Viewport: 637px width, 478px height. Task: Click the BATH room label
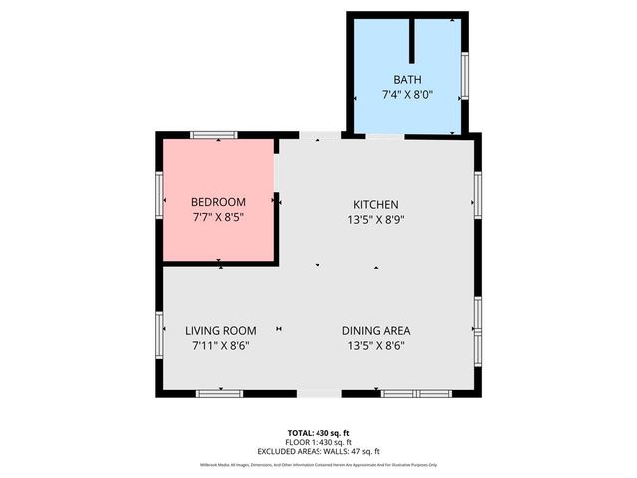407,79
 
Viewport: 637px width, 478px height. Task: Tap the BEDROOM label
217,202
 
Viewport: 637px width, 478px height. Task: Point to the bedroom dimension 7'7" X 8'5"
217,216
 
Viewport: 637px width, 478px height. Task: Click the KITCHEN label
375,204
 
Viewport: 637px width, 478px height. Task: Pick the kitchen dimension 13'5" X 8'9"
375,220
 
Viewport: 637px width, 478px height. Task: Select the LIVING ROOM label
221,331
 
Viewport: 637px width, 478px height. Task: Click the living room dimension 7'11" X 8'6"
221,346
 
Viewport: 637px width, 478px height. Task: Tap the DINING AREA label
376,331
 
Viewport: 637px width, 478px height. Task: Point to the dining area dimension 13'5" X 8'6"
376,346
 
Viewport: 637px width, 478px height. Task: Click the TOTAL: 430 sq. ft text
319,432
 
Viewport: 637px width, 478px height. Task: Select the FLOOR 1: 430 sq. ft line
319,441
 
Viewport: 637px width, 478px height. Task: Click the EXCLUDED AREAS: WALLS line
319,451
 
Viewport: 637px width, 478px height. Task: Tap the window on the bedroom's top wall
214,134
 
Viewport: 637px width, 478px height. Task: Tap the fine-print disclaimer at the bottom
319,464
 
